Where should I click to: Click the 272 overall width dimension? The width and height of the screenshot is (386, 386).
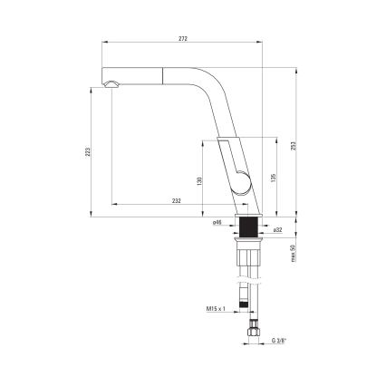point(185,37)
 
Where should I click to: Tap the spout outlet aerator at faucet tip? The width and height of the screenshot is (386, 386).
point(110,84)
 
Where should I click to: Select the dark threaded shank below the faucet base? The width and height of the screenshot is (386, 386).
point(247,227)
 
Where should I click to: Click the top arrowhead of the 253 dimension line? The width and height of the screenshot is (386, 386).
point(299,69)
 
